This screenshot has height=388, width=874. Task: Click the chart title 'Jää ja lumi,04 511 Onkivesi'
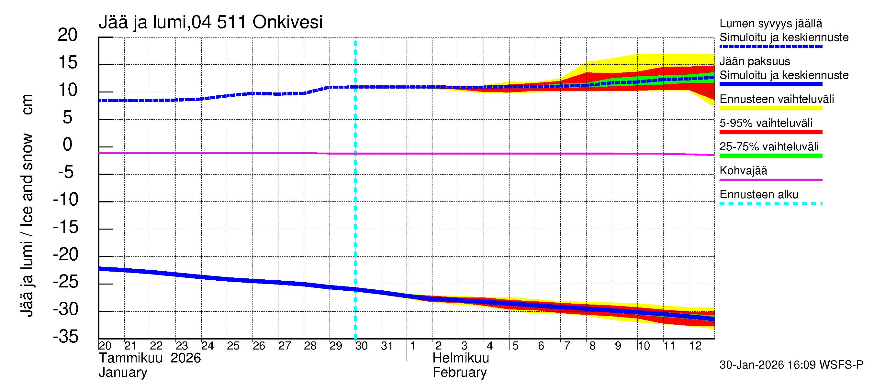click(x=210, y=22)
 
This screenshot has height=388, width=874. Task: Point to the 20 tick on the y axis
click(x=68, y=35)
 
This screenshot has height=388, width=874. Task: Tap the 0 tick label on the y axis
click(x=68, y=145)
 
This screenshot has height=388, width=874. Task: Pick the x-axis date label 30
click(x=361, y=346)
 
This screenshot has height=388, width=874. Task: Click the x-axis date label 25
click(x=233, y=346)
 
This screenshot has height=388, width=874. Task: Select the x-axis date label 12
click(x=695, y=346)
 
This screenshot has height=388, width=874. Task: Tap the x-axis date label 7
click(x=566, y=346)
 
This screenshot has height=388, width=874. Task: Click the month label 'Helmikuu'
click(x=461, y=358)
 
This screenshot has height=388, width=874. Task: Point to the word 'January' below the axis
click(x=123, y=372)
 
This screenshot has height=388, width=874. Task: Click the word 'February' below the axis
click(x=460, y=372)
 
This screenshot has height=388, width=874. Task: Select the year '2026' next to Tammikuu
click(x=185, y=358)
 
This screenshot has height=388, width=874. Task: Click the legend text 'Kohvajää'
click(x=743, y=170)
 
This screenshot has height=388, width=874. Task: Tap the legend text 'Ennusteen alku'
click(x=759, y=195)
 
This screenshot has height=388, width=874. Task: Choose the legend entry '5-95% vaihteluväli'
click(x=766, y=123)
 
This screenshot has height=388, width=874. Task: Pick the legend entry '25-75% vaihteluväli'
click(x=769, y=147)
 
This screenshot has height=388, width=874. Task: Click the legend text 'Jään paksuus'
click(x=755, y=61)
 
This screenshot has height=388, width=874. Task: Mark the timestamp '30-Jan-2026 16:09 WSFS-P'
click(x=791, y=365)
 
